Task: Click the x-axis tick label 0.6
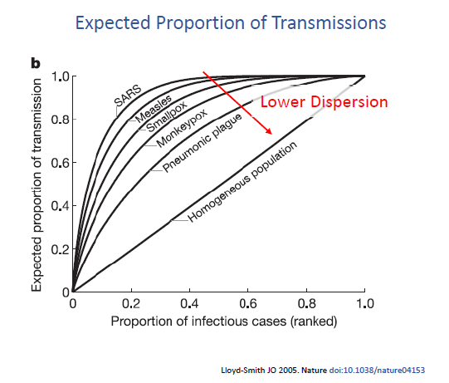tap(247, 304)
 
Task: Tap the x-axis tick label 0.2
tap(130, 304)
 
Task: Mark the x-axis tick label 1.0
tap(364, 304)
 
